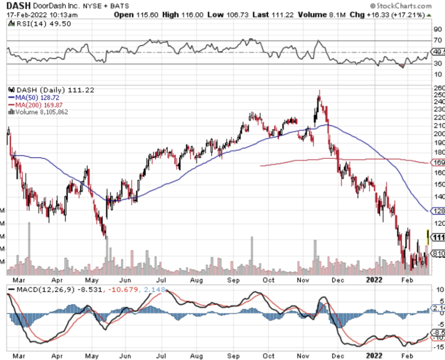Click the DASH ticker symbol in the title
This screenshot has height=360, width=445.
point(17,5)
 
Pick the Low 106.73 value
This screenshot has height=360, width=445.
point(216,14)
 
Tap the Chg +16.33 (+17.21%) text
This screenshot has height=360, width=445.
point(389,14)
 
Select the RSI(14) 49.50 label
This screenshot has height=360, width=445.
point(40,23)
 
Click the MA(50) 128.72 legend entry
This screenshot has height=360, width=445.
point(35,98)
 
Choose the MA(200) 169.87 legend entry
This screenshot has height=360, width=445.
point(37,105)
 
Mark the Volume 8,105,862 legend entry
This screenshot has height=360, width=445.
point(42,112)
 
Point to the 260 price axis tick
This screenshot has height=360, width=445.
point(439,88)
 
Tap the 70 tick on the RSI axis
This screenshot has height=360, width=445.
point(437,40)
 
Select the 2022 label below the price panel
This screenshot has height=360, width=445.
point(374,356)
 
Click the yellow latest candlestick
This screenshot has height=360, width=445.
point(428,236)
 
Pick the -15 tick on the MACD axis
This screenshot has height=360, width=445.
point(438,347)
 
